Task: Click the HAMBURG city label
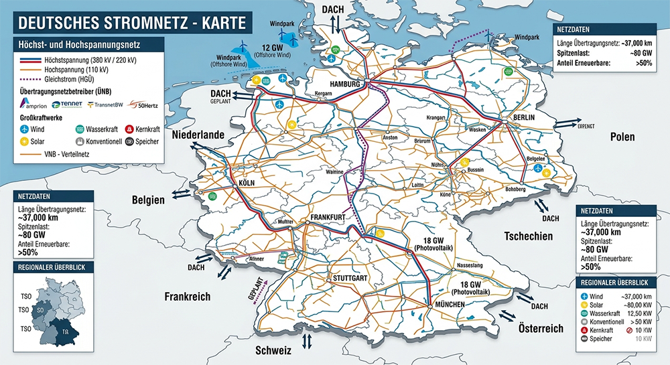pyautogui.click(x=344, y=84)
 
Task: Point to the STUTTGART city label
pyautogui.click(x=347, y=277)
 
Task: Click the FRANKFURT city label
pyautogui.click(x=328, y=218)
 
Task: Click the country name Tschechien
pyautogui.click(x=529, y=236)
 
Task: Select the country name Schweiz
pyautogui.click(x=273, y=350)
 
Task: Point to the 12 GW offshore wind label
pyautogui.click(x=275, y=48)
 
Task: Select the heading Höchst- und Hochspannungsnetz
pyautogui.click(x=86, y=45)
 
